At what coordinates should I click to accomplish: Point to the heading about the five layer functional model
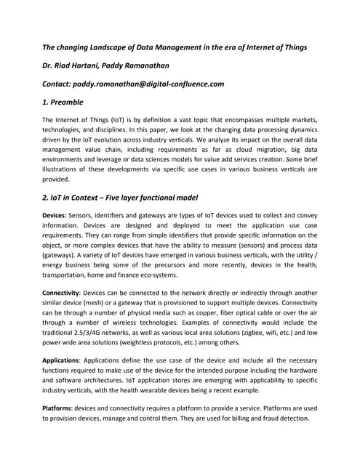click(121, 198)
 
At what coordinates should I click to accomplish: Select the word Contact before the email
click(61, 84)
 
